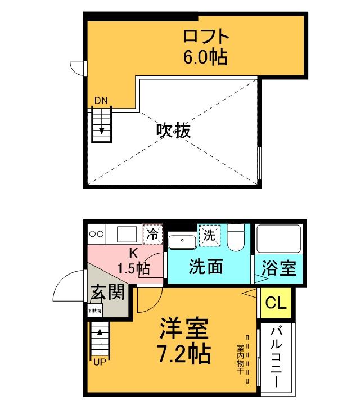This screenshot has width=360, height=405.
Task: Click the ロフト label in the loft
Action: pos(206,37)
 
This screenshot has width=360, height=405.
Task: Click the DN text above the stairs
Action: pos(101,101)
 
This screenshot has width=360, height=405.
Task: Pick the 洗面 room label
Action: pos(206,266)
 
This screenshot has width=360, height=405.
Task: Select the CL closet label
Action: pos(276,304)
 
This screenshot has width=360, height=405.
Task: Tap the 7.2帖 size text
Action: pos(185,353)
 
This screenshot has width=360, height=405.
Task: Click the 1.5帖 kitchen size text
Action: pos(133,268)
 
